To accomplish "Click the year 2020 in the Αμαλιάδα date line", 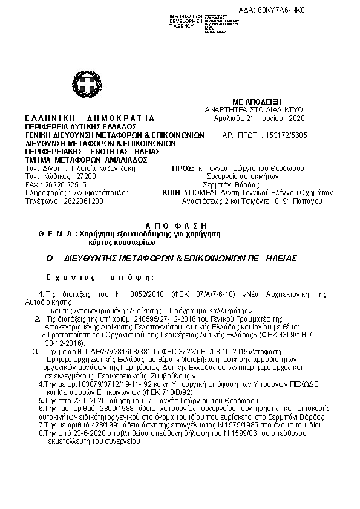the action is click(298, 118).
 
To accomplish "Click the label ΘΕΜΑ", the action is click(54, 233).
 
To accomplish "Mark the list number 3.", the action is click(35, 351).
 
